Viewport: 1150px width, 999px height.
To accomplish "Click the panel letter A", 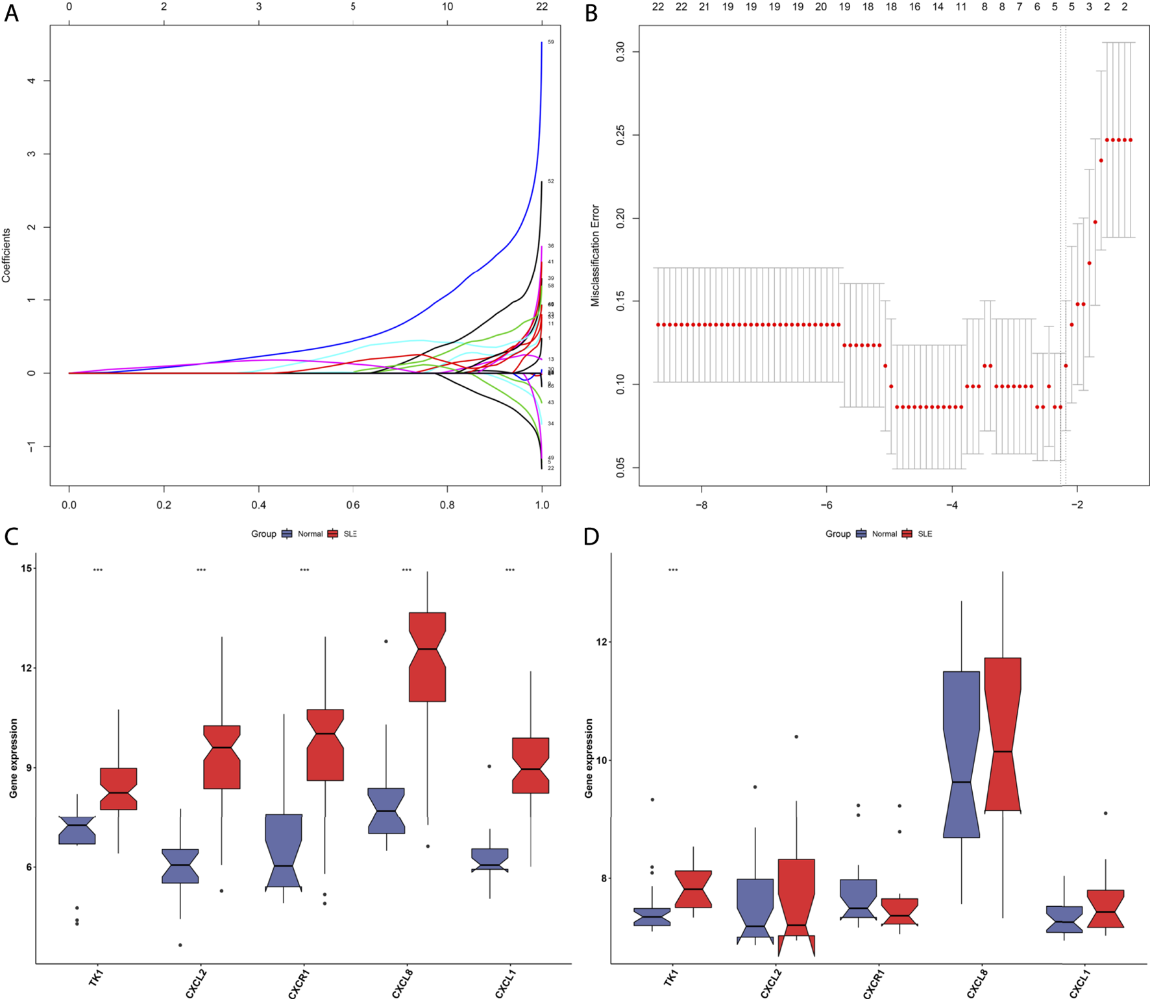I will pyautogui.click(x=11, y=14).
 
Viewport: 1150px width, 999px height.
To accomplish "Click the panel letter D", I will pyautogui.click(x=591, y=537).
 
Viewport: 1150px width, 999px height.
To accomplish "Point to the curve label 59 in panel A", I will pyautogui.click(x=551, y=42).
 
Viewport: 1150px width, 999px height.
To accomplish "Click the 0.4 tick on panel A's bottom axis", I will pyautogui.click(x=258, y=505).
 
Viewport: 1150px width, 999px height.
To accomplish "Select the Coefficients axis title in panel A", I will pyautogui.click(x=6, y=255).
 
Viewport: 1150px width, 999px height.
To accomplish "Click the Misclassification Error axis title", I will pyautogui.click(x=595, y=255).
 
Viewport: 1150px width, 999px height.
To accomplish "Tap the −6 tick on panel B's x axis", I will pyautogui.click(x=826, y=505).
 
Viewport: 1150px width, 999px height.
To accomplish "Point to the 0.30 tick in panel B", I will pyautogui.click(x=620, y=52).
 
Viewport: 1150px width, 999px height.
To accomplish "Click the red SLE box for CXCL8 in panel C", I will pyautogui.click(x=427, y=657).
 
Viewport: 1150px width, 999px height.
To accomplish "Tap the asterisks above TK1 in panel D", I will pyautogui.click(x=673, y=571).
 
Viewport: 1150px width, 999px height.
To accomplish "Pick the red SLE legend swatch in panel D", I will pyautogui.click(x=907, y=534).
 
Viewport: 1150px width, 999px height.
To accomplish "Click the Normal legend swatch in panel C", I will pyautogui.click(x=287, y=534).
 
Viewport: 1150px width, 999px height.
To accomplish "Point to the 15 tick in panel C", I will pyautogui.click(x=26, y=568).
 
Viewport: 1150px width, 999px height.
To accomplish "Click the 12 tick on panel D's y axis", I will pyautogui.click(x=602, y=642).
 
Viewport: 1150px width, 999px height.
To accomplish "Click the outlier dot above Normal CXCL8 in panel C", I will pyautogui.click(x=386, y=641).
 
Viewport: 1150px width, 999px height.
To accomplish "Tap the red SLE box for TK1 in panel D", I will pyautogui.click(x=693, y=889).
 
